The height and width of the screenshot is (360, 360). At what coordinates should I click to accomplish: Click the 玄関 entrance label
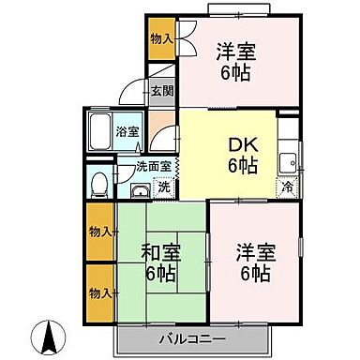coord(161,91)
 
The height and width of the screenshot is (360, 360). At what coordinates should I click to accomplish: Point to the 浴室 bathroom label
coord(127,131)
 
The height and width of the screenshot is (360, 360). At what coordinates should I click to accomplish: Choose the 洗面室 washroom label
coord(152,167)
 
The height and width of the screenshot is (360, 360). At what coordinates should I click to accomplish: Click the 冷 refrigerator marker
coord(287,186)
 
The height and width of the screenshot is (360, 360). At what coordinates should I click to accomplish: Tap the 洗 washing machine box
coord(163,187)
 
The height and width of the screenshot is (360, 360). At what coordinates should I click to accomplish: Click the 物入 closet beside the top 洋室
coord(161,38)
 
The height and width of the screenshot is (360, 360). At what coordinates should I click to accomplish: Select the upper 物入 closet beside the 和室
coord(99,231)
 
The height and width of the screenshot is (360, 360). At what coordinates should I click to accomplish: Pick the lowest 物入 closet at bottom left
coord(99,292)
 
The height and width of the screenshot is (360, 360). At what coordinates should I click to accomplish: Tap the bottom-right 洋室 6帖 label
coord(253,262)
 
